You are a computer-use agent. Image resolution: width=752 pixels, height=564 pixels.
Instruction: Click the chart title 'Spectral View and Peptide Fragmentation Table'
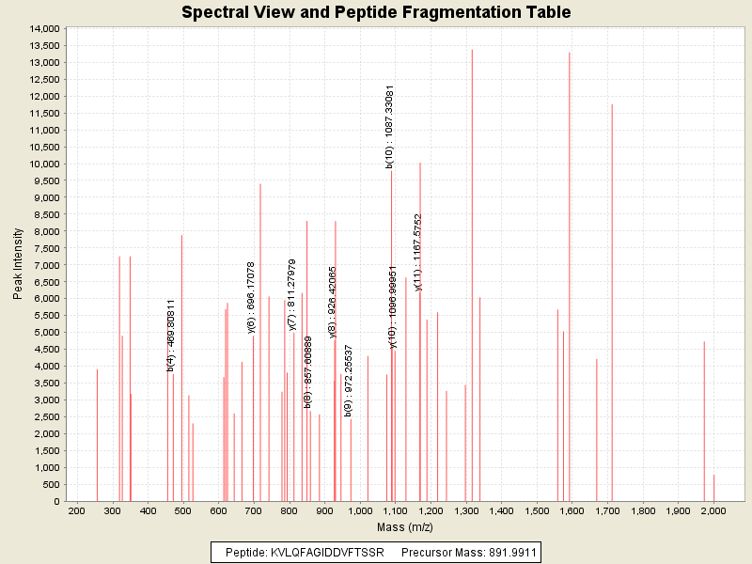click(x=376, y=12)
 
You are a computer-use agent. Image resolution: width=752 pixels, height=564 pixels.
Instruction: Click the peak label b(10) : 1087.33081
click(x=389, y=127)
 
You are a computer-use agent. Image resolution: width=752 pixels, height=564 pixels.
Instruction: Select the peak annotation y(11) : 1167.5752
click(x=418, y=252)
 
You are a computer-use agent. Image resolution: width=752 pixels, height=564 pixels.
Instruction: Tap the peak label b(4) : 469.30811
click(x=171, y=336)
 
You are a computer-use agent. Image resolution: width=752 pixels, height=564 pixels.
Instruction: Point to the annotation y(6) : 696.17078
click(x=251, y=297)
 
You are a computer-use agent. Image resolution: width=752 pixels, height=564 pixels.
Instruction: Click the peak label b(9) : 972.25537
click(x=348, y=381)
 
